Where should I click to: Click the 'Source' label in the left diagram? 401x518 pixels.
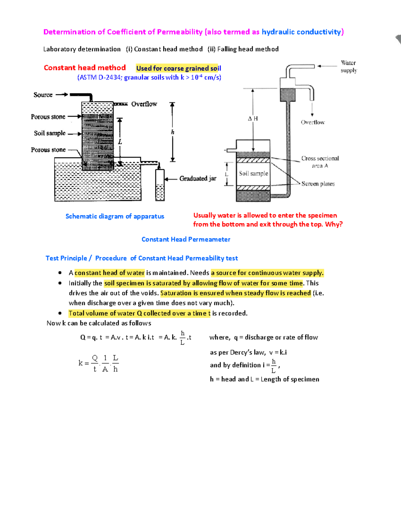pos(43,95)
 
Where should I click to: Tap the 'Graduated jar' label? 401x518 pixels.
pos(197,178)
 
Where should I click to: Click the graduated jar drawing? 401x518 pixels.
pos(160,185)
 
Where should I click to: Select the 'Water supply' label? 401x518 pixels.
pos(349,66)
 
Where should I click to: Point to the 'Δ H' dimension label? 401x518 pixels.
pos(253,118)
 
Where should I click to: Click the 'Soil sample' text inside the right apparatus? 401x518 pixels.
pos(253,173)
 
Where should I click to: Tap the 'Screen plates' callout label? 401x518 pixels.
pos(318,184)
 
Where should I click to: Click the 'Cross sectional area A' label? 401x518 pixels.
pos(320,162)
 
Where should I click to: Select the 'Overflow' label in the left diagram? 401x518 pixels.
pos(144,104)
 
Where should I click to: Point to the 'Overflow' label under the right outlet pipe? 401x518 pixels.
pos(312,122)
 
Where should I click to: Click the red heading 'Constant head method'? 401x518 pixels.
pos(85,68)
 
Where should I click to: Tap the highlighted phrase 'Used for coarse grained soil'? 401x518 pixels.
pos(178,68)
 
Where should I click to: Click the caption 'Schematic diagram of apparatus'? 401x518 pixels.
pos(115,216)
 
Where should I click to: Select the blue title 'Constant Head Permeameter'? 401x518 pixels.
pos(186,239)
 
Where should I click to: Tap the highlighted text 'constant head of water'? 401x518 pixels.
pos(109,273)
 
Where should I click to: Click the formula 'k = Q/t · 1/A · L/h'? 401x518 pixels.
pos(99,363)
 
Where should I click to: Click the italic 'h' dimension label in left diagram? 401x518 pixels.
pos(172,132)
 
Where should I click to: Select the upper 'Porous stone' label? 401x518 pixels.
pos(48,117)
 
